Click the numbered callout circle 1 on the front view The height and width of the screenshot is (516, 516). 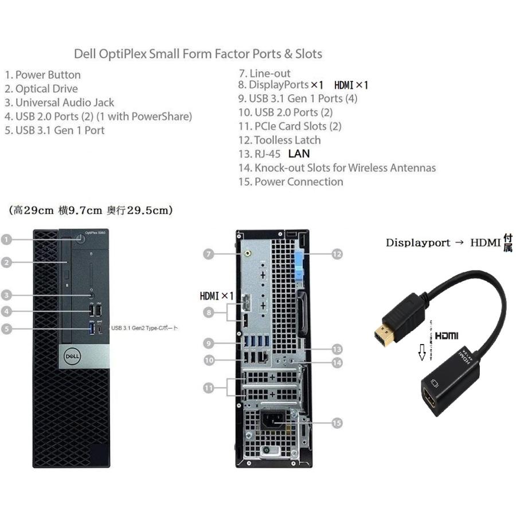pos(6,240)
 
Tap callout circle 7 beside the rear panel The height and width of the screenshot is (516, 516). pos(209,253)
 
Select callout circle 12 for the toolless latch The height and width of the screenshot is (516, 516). pos(337,253)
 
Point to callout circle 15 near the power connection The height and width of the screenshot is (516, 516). pos(337,423)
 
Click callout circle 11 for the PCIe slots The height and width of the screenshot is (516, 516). pos(209,388)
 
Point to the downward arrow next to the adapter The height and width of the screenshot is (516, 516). pos(422,351)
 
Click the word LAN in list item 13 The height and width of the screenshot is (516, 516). pos(299,154)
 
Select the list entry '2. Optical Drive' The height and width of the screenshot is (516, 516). pos(41,89)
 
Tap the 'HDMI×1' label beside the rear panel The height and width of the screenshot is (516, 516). pos(217,296)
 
